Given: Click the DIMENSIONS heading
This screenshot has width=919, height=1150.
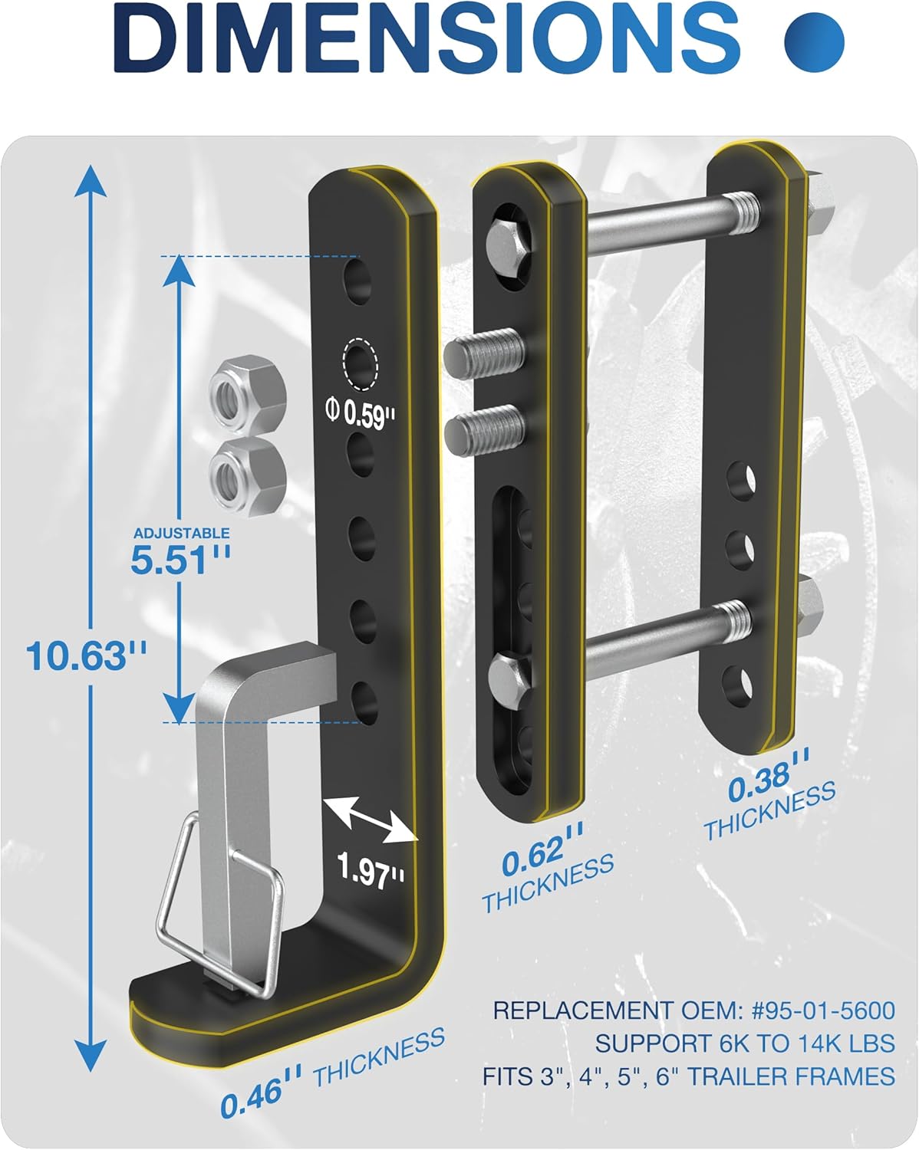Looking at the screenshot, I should pos(430,38).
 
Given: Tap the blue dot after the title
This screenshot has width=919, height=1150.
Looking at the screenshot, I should pos(814,39).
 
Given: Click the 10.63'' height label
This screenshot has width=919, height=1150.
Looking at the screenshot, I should pos(86,656).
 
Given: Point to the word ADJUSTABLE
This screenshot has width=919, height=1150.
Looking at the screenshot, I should pos(182,533).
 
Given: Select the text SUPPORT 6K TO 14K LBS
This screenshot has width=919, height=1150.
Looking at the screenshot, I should pos(744,1043).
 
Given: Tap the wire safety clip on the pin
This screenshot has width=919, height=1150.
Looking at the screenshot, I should pos(219,905).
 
